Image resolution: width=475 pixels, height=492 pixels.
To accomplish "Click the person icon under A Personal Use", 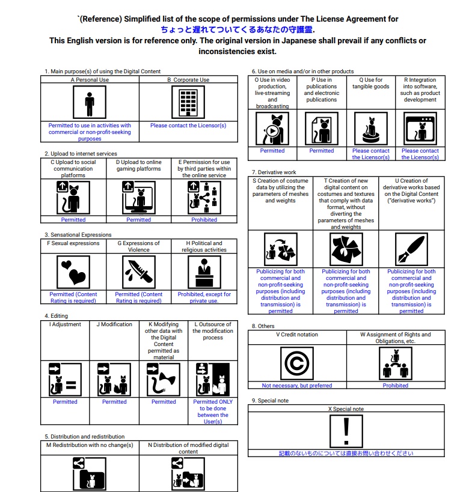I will click(x=90, y=103).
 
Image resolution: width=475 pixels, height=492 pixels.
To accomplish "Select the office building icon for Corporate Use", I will click(x=188, y=103).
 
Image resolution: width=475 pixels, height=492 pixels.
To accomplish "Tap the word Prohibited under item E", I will click(x=204, y=220).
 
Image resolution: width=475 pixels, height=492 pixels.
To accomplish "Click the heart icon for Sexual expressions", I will click(x=73, y=272).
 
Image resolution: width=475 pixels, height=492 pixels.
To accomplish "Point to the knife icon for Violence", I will click(x=138, y=272).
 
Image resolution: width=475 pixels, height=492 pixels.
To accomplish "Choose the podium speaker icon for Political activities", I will click(x=204, y=272).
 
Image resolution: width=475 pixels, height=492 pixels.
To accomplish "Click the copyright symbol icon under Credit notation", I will click(x=297, y=363).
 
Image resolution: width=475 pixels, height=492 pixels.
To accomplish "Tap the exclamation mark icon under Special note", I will click(x=346, y=431).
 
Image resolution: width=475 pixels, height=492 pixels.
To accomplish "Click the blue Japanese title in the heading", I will click(x=237, y=29).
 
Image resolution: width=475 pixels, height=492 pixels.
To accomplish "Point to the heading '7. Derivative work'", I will click(x=274, y=172).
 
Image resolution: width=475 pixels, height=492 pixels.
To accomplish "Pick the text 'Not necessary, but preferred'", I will click(x=297, y=386).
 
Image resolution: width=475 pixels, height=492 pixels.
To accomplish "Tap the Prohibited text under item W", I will click(x=396, y=386).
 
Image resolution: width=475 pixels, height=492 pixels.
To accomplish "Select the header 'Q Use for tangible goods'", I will click(x=370, y=83).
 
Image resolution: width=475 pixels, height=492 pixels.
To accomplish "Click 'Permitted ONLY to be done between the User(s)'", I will click(x=213, y=412).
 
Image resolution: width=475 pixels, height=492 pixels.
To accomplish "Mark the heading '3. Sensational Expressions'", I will click(x=78, y=235).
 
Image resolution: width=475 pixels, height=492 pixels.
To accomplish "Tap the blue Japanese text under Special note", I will click(x=346, y=454).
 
